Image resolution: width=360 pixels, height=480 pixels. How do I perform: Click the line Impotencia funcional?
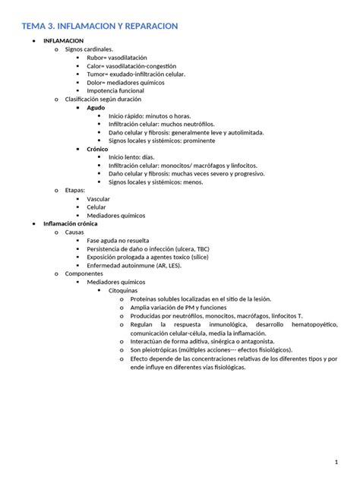click(x=117, y=91)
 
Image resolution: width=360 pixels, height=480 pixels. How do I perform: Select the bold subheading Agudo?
click(x=96, y=108)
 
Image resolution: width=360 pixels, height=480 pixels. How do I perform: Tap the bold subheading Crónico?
click(x=98, y=149)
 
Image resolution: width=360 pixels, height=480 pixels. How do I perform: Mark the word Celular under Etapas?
click(x=96, y=207)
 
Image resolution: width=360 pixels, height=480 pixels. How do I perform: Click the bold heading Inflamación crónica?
click(x=76, y=224)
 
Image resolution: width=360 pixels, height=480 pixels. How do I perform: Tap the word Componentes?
click(x=84, y=273)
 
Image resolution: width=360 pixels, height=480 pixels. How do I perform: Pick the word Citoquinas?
click(x=124, y=290)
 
